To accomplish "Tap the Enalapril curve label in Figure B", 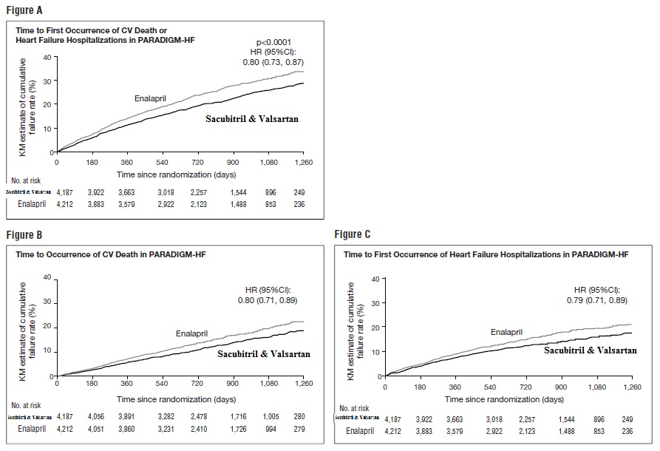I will pyautogui.click(x=192, y=333).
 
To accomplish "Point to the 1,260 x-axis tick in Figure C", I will pyautogui.click(x=631, y=387).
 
